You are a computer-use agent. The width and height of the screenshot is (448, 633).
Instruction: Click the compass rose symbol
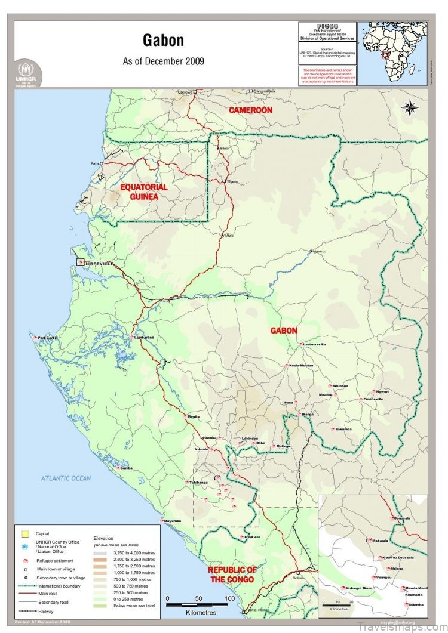click(410, 107)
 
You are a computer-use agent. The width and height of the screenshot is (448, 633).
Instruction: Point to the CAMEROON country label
click(251, 110)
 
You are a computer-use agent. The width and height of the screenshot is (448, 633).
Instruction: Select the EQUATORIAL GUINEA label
click(144, 192)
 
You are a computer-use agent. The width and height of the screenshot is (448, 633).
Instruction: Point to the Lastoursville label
click(314, 345)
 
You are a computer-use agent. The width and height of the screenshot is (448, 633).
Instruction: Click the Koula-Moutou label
click(300, 365)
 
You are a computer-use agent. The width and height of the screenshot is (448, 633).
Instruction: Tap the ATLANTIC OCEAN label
click(66, 478)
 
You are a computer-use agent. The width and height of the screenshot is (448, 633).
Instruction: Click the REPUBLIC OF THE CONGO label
click(232, 575)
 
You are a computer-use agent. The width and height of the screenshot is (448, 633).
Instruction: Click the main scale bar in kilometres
click(198, 605)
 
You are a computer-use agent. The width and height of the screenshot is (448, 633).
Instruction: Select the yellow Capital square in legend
click(24, 533)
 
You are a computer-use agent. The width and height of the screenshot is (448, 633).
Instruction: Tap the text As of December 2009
click(163, 61)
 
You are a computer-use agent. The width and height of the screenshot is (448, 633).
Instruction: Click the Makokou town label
click(320, 251)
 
